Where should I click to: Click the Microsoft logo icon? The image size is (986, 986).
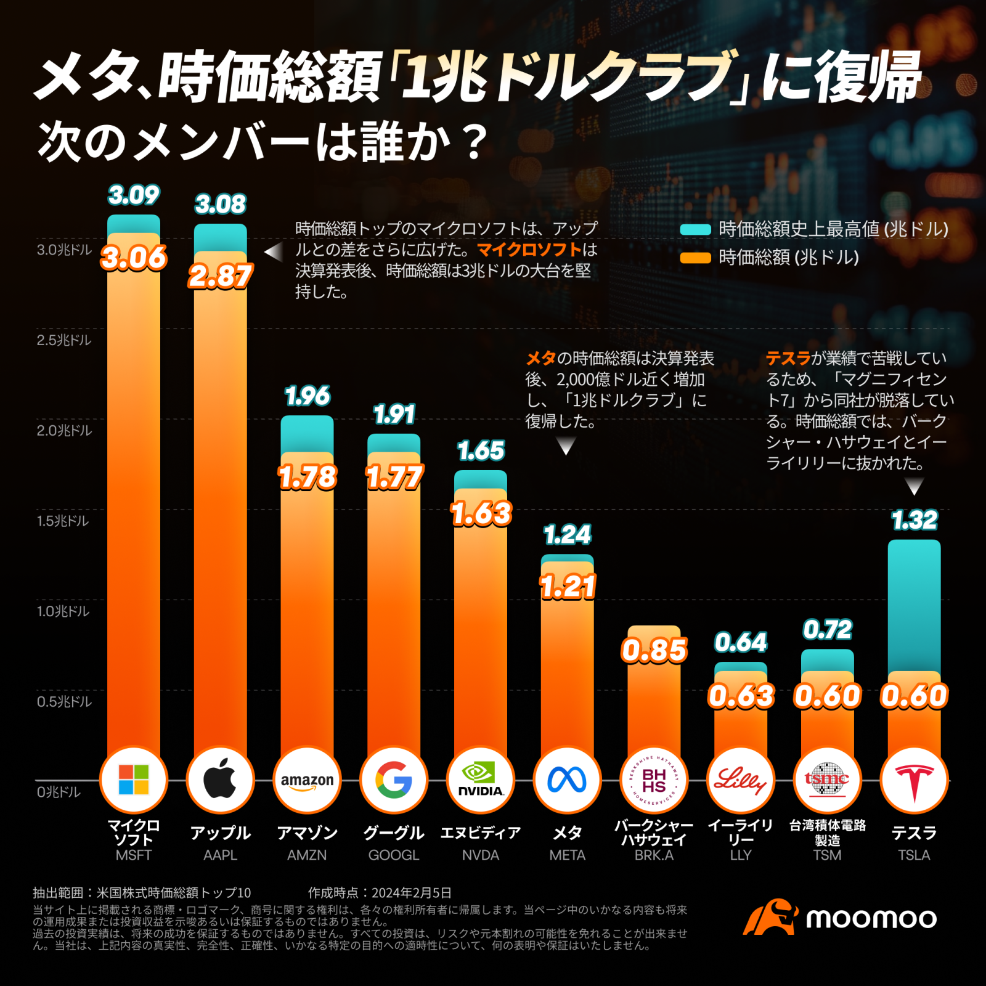coord(134,780)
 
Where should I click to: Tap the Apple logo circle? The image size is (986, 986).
coord(220,780)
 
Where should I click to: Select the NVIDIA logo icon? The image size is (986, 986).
coord(481,780)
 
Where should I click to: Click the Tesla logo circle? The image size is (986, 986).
coord(914,780)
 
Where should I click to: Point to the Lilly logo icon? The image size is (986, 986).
coord(741,780)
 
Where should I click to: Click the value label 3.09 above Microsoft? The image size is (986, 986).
coord(134,195)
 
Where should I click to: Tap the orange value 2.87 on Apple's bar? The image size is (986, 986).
coord(220,276)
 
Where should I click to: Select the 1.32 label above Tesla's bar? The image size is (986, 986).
coord(915,521)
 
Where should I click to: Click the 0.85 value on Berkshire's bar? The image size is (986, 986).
coord(654,650)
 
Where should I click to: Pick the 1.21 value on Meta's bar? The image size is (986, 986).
coord(568,586)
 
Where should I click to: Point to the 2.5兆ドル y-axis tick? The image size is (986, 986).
coord(63,340)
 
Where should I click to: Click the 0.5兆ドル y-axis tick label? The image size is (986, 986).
coord(63,702)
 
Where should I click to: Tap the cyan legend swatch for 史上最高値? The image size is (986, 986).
coord(695,230)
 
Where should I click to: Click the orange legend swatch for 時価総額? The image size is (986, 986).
coord(695,258)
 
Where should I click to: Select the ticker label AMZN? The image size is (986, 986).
coord(307,855)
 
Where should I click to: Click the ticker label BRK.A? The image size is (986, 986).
coord(654,855)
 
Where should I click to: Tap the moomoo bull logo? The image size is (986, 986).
coord(770,917)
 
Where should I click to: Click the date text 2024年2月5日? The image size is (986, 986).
coord(411,893)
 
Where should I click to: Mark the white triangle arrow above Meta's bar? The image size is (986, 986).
coord(566,445)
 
